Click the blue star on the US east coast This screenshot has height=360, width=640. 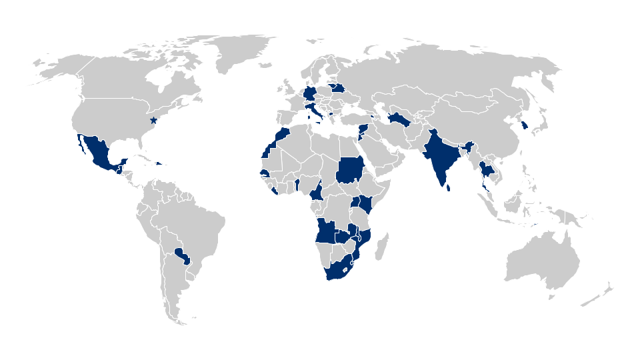[153, 121]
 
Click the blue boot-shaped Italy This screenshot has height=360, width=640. [315, 109]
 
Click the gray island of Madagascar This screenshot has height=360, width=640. [382, 247]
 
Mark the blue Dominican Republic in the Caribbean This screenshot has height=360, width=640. [160, 163]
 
